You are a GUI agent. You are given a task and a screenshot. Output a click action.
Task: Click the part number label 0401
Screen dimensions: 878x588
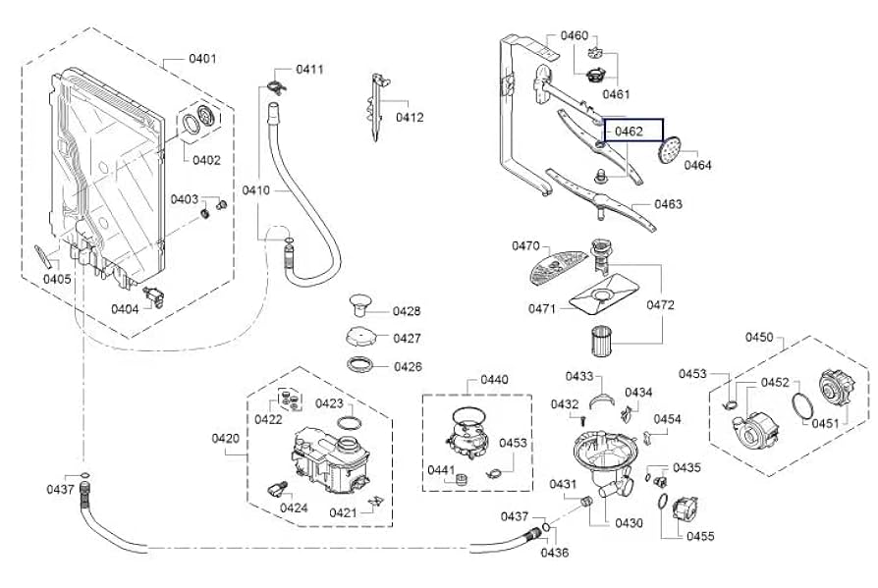click(x=202, y=58)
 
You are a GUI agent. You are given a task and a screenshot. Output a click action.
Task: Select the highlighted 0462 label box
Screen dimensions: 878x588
click(x=632, y=130)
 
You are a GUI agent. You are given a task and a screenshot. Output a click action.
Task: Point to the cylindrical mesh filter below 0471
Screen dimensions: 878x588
click(x=602, y=339)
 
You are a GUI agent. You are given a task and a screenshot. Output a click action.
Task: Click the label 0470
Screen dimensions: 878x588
click(x=525, y=245)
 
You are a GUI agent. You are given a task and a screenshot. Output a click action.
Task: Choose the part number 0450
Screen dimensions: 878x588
click(x=759, y=337)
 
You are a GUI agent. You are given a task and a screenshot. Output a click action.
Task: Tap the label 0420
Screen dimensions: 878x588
click(x=226, y=438)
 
